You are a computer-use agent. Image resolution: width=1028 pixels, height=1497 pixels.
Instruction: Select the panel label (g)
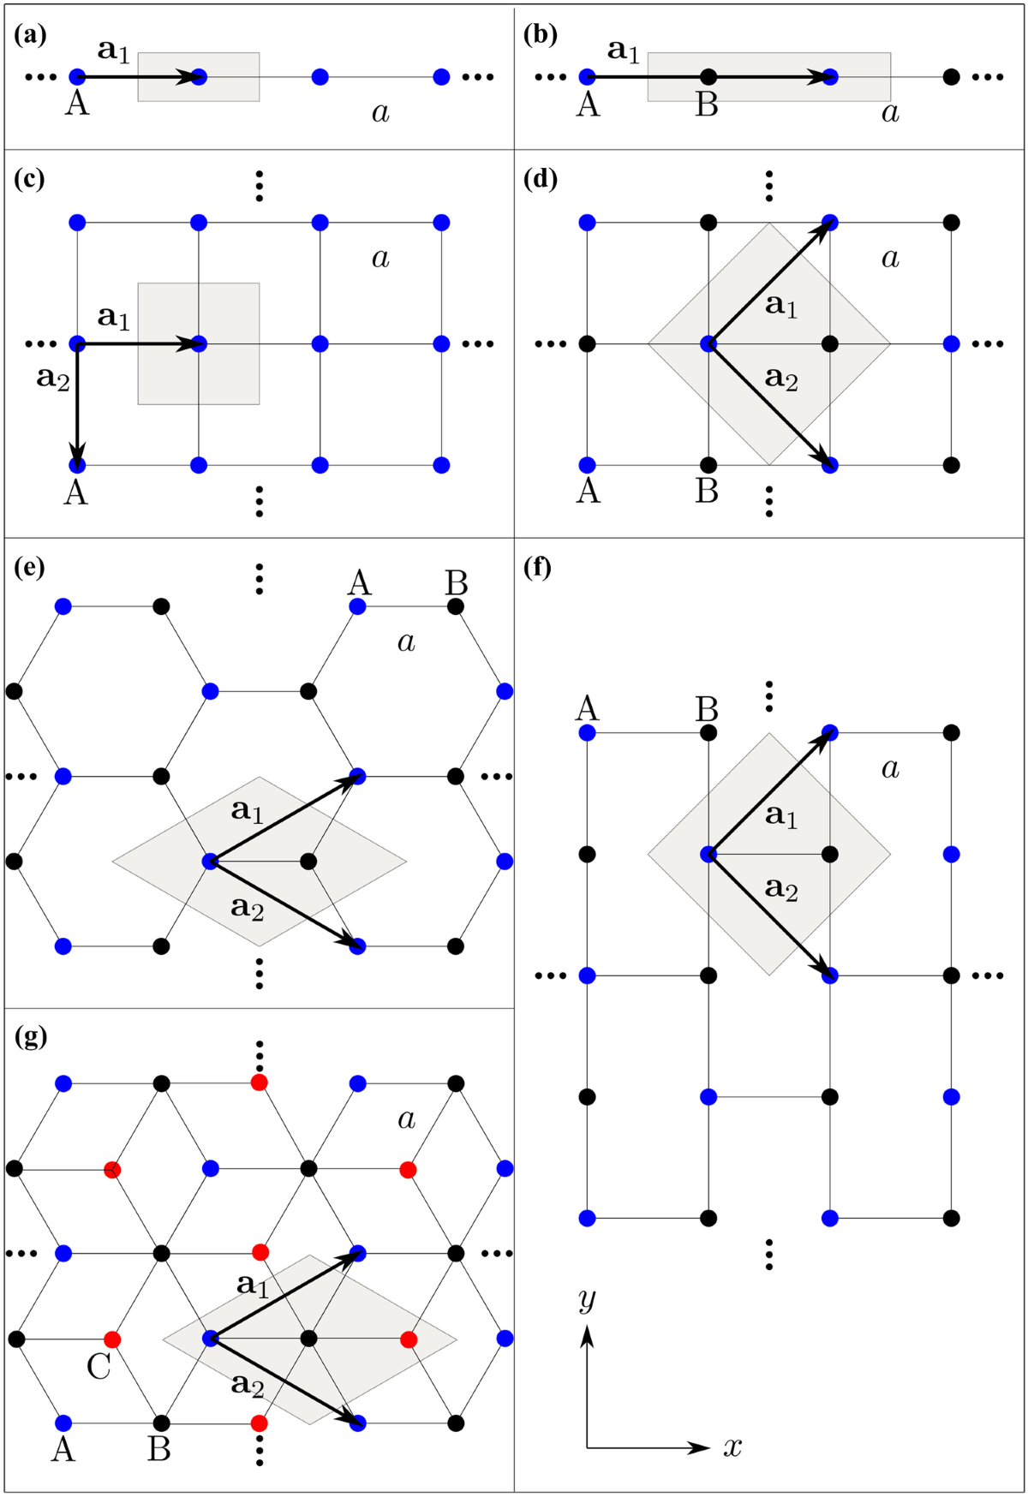click(31, 1036)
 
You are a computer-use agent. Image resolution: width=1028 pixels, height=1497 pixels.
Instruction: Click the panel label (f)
click(537, 568)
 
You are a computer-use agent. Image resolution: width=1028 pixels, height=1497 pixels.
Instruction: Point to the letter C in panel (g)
click(99, 1366)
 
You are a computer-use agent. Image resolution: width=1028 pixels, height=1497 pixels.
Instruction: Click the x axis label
click(732, 1447)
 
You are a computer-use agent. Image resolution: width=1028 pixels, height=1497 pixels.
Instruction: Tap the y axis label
click(587, 1299)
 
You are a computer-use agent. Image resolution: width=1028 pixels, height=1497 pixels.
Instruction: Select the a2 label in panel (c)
click(53, 377)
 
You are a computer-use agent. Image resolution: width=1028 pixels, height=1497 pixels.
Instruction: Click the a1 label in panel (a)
click(113, 51)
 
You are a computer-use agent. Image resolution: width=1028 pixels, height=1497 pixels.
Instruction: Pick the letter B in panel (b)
click(707, 104)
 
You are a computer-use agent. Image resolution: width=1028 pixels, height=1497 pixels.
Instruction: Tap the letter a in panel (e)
click(406, 641)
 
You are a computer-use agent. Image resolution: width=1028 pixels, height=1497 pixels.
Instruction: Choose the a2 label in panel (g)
click(248, 1384)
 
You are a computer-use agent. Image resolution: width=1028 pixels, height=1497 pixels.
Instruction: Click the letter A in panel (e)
click(360, 583)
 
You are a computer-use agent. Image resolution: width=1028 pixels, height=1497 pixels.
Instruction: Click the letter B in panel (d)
click(707, 492)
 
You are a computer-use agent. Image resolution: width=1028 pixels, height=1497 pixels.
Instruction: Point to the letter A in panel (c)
click(76, 492)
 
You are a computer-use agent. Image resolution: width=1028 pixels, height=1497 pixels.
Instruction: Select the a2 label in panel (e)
click(248, 906)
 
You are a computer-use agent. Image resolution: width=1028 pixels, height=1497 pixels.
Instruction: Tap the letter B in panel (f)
click(707, 709)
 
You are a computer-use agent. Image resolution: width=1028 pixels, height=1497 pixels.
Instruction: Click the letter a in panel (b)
click(890, 112)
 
